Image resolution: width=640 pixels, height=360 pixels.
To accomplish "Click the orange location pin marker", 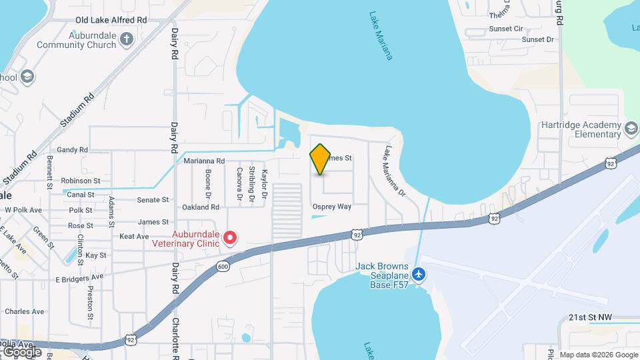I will (x=320, y=159).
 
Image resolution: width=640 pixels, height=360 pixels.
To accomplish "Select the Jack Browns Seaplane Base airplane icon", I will (x=418, y=273).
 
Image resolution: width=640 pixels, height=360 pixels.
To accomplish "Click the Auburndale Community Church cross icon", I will (x=127, y=40).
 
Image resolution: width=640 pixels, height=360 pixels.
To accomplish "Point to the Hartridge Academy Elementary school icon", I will (x=631, y=127).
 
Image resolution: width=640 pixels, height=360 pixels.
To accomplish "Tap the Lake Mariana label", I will (x=381, y=35).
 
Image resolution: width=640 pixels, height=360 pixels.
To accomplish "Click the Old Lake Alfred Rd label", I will (x=111, y=21).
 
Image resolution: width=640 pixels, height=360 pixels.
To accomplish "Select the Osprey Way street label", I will (x=332, y=207).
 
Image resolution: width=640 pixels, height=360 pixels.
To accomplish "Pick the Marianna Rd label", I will (x=204, y=161).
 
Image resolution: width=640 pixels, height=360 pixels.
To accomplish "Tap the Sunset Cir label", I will (x=506, y=29).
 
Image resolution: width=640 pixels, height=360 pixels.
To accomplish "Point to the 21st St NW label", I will (x=590, y=318).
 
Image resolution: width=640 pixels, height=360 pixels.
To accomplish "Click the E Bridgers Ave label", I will (x=79, y=277).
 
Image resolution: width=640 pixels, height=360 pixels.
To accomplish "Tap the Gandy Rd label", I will (x=73, y=150).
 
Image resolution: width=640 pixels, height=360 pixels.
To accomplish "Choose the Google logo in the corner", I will (x=22, y=351).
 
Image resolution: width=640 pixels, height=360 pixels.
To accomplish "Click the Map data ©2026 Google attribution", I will (x=599, y=355).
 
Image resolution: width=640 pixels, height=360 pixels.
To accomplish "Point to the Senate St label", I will (x=153, y=200).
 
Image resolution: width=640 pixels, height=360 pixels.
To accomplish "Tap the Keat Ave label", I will (x=134, y=236).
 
